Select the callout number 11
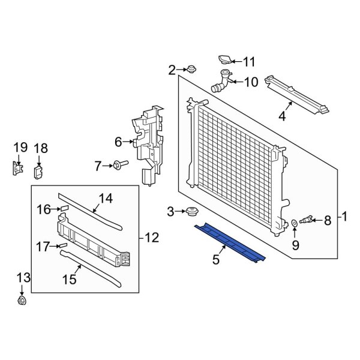pyautogui.click(x=248, y=61)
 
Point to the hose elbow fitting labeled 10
pyautogui.click(x=220, y=82)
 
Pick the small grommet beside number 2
pyautogui.click(x=191, y=69)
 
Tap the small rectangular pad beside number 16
pyautogui.click(x=65, y=209)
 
